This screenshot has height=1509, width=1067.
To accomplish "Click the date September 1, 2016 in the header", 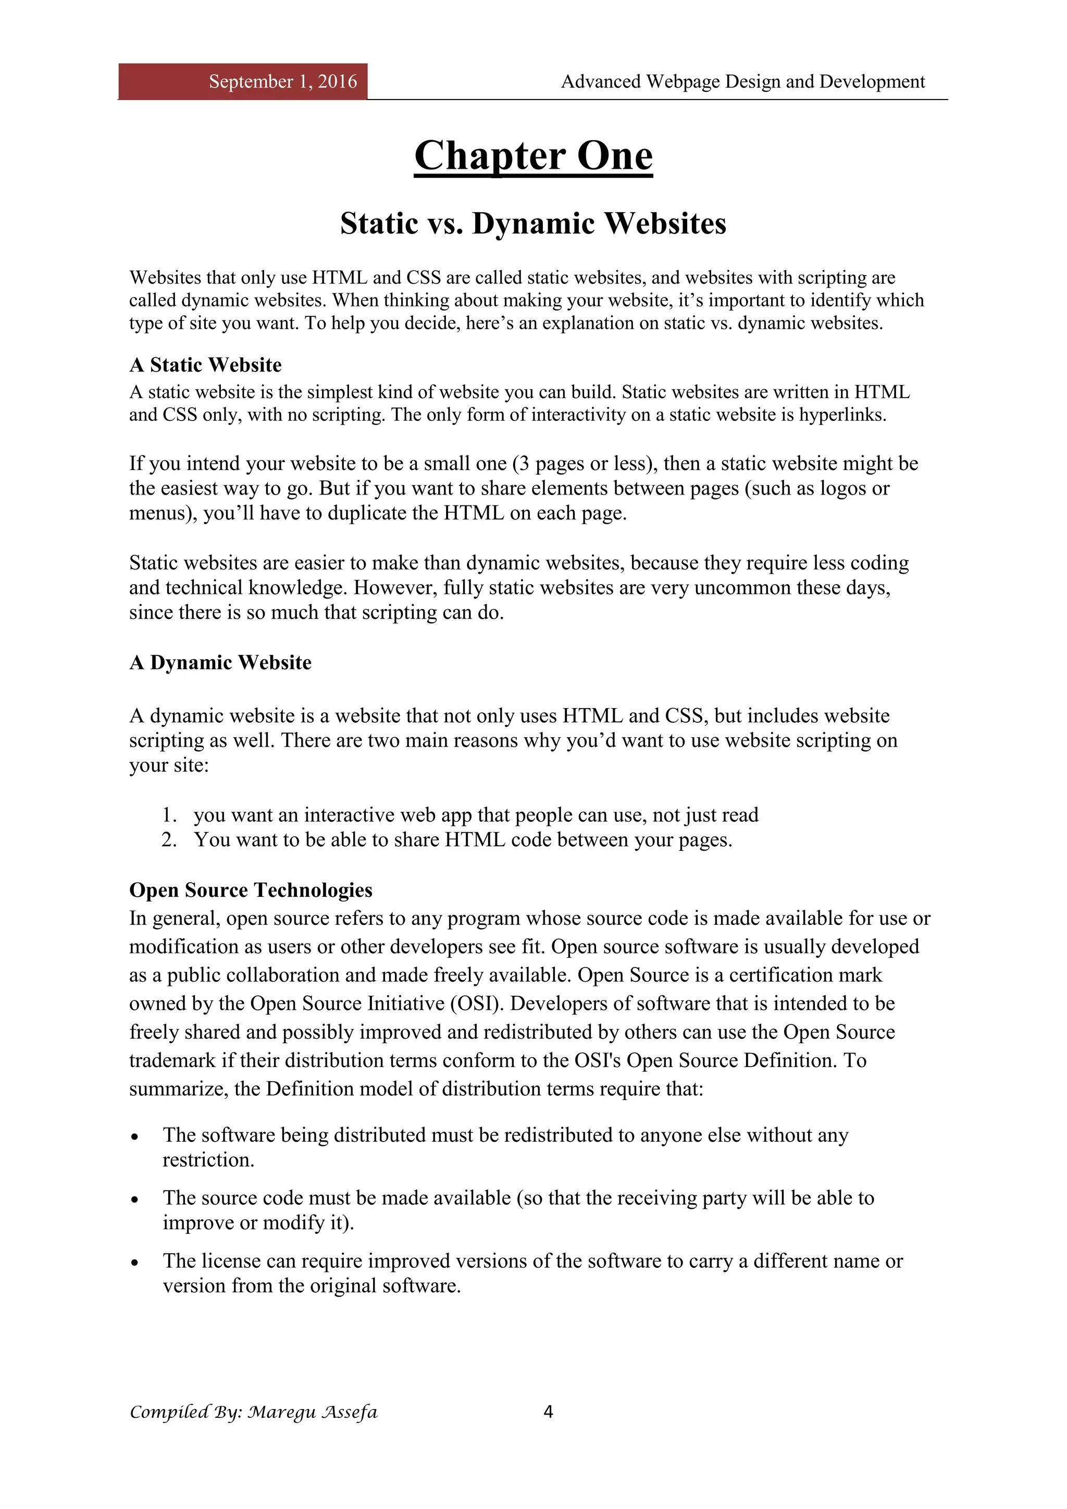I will coord(282,81).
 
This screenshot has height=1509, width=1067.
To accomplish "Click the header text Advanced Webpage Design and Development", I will coord(742,81).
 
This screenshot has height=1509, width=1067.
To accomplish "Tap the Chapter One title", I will coord(533,156).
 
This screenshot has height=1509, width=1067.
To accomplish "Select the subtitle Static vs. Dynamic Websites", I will coord(533,224).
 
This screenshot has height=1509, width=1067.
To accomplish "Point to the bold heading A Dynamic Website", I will coord(220,662).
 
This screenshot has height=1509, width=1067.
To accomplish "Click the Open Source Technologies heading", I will coord(250,890).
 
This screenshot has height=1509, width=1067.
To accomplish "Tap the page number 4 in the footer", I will coord(549,1411).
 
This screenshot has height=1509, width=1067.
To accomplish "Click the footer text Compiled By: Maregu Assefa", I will coord(253,1412).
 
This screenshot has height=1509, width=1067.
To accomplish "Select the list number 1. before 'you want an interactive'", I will coord(169,815).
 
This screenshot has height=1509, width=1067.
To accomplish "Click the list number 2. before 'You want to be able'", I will coord(169,840).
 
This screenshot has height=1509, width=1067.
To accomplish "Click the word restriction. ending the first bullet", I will coord(208,1160).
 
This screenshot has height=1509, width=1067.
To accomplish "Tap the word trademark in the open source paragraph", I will coord(172,1061).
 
